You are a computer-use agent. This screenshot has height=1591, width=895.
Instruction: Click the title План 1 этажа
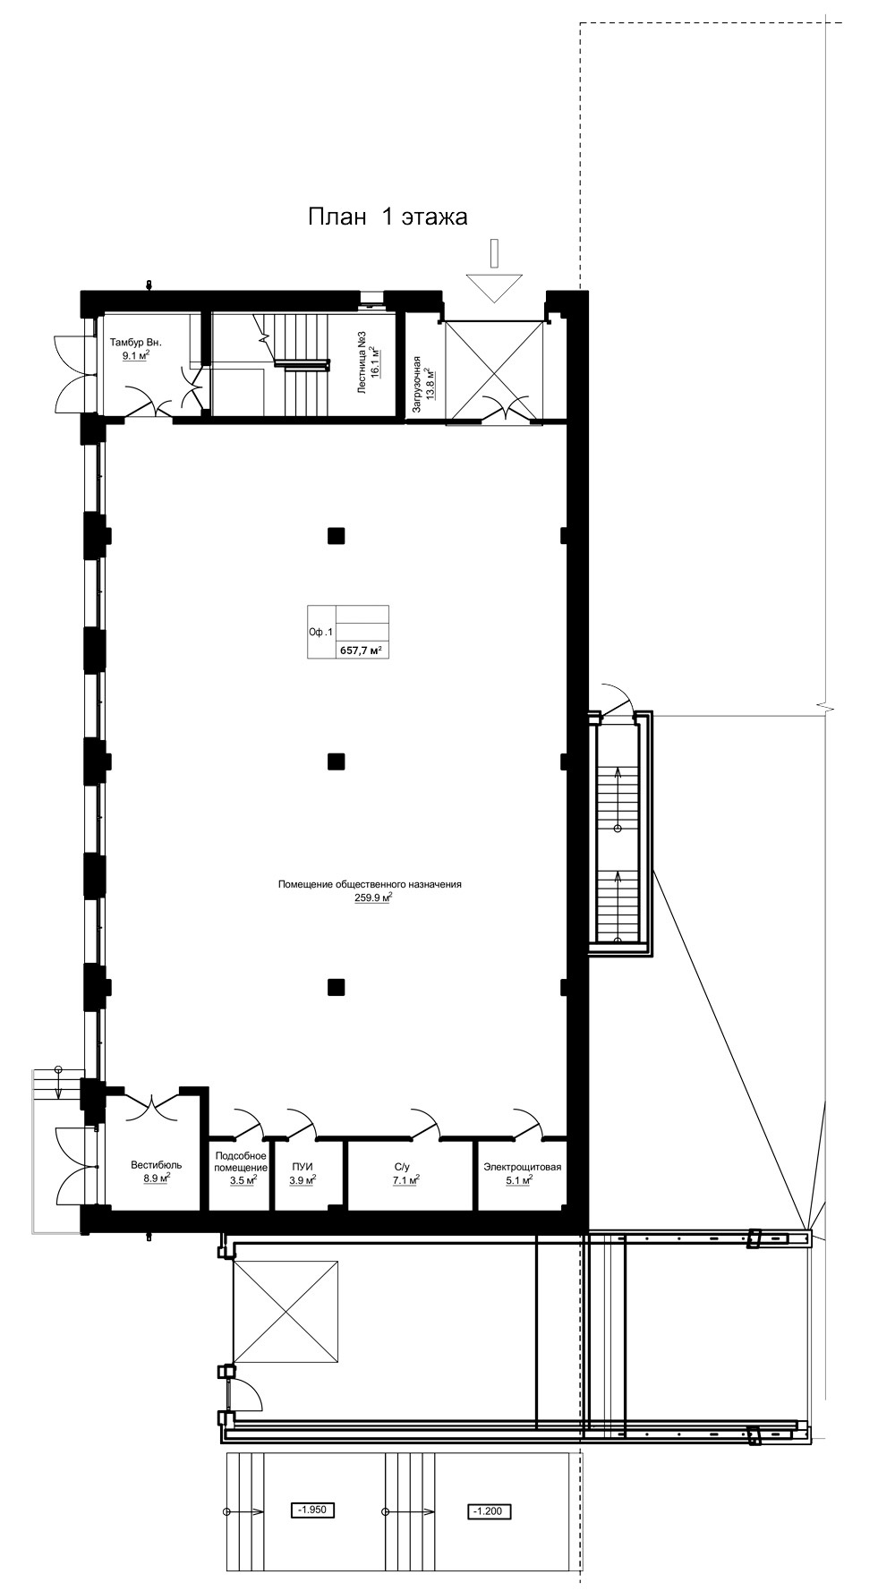coord(388,217)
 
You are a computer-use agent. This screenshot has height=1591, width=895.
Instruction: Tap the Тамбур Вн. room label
coord(135,343)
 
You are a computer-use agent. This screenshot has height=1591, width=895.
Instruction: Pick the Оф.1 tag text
coord(320,633)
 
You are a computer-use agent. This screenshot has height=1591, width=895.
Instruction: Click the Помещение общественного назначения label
coord(370,884)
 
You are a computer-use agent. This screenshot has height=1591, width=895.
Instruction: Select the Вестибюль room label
coord(157,1165)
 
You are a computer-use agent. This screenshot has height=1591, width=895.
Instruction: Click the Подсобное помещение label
coord(242,1161)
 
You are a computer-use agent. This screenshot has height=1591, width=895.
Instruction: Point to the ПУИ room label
coord(302,1166)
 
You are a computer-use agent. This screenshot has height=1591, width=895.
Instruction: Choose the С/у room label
coord(402,1166)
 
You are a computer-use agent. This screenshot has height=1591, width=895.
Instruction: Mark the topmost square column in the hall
coord(336,536)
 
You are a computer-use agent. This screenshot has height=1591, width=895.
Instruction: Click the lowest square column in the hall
coord(336,988)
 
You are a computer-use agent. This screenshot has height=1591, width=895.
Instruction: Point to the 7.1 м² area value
coord(406,1180)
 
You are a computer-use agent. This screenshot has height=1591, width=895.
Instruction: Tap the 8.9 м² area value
coord(157,1178)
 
